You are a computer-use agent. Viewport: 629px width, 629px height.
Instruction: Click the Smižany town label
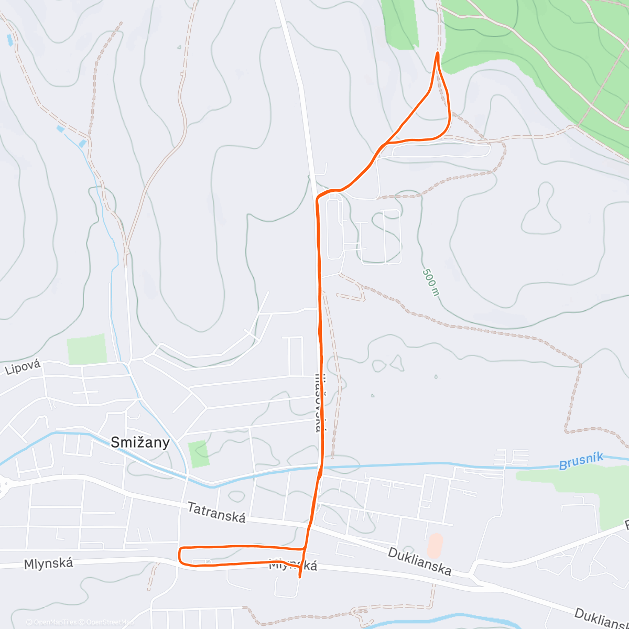click(140, 442)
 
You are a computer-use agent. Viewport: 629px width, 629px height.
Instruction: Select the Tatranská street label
click(216, 513)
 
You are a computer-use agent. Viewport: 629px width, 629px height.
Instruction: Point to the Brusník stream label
click(581, 461)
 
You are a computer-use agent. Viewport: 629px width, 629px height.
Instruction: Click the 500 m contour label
click(430, 281)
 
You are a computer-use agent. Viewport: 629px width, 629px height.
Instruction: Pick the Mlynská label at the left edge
click(48, 563)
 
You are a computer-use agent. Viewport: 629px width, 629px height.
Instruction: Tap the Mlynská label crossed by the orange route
click(293, 565)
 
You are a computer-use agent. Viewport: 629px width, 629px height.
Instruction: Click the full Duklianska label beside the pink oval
click(419, 561)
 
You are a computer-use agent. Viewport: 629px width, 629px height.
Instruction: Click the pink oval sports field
click(435, 546)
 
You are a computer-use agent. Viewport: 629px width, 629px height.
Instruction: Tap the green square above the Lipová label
click(86, 350)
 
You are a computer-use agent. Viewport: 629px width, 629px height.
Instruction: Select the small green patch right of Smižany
click(198, 454)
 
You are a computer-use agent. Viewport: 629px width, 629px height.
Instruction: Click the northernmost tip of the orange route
click(437, 53)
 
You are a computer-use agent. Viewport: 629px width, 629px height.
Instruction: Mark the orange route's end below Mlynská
click(299, 577)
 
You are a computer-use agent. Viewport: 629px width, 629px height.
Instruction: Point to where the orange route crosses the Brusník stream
click(320, 466)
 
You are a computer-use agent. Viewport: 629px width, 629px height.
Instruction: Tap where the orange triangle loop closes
click(387, 143)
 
